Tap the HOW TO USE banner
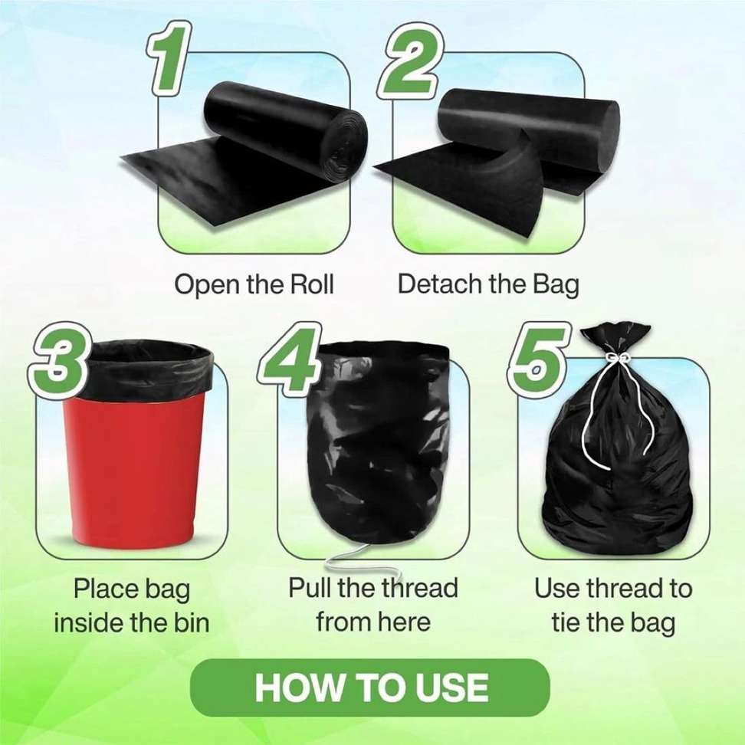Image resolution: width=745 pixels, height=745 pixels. point(370,688)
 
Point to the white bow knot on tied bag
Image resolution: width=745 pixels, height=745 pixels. point(615,357)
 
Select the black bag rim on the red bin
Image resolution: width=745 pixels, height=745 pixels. point(145,369)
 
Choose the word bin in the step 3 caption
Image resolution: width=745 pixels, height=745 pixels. point(191,622)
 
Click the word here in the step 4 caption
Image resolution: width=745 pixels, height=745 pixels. point(407,622)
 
